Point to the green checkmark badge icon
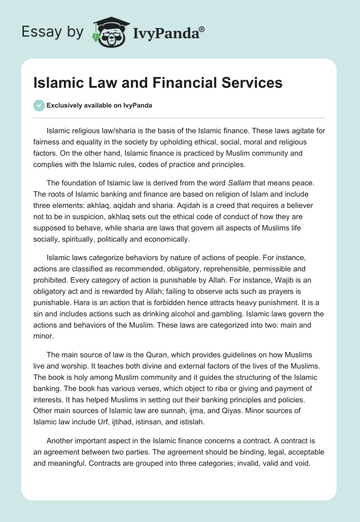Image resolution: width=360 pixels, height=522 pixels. pyautogui.click(x=39, y=105)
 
